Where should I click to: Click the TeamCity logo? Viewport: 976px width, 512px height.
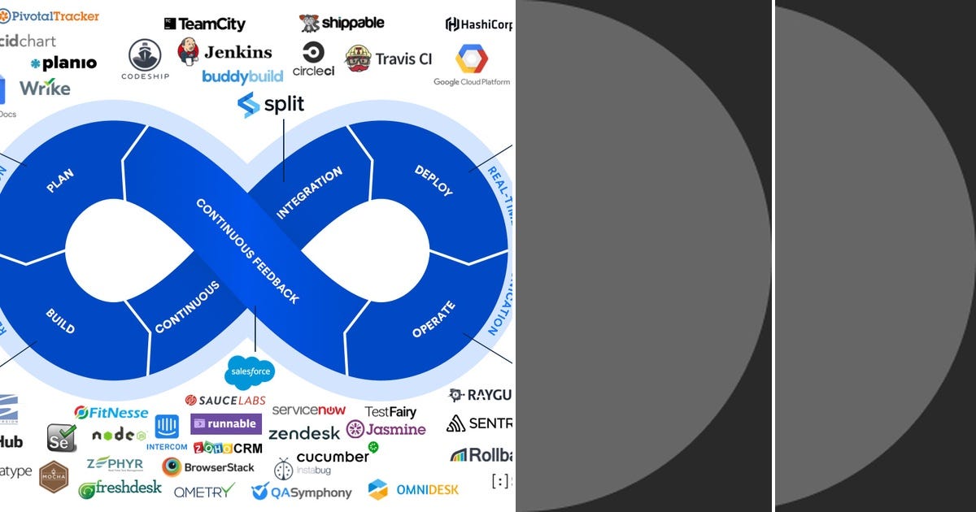pos(204,24)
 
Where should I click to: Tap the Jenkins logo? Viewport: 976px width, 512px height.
pos(224,52)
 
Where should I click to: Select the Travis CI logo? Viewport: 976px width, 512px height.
pos(389,59)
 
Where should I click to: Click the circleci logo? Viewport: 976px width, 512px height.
pos(313,59)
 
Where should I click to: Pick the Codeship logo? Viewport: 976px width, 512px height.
pos(145,59)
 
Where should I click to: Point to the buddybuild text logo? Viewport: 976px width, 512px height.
pos(242,76)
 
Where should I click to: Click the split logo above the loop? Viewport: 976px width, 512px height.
pos(271,105)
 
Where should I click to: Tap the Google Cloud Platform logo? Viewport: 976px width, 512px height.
pos(472,65)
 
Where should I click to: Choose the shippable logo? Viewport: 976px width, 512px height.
pos(342,23)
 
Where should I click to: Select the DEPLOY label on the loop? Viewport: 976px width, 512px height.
pos(434,180)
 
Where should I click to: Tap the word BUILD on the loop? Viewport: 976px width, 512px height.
pos(60,322)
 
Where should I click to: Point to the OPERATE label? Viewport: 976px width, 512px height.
pos(434,319)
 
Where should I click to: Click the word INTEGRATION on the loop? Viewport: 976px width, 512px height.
pos(310,193)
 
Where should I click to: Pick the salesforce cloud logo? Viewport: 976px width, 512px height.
pos(250,372)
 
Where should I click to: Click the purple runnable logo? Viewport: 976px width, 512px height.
pos(226,423)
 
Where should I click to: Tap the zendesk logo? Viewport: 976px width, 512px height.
pos(304,433)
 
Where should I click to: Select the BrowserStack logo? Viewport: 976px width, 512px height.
pos(208,467)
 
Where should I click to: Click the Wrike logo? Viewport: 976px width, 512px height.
pos(45,88)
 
